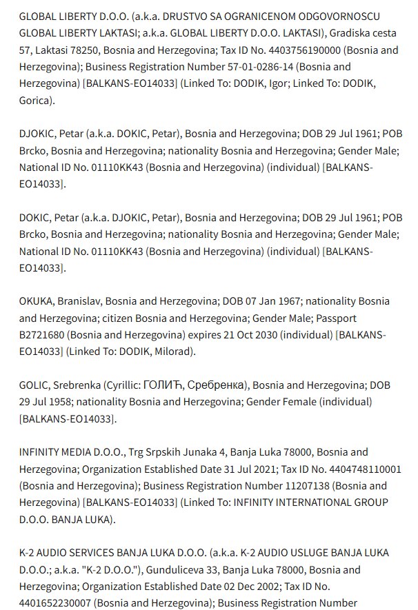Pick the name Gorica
[x=36, y=100]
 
